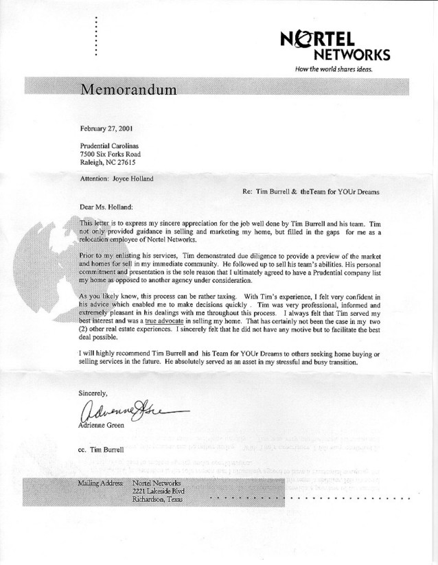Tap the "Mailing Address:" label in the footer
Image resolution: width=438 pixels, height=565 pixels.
104,483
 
